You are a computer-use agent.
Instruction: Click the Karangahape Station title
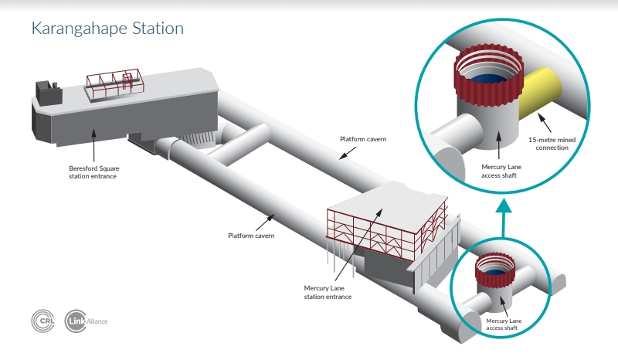tap(107, 29)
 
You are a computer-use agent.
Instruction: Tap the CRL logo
tap(43, 321)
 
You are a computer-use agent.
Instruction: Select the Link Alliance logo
tap(86, 321)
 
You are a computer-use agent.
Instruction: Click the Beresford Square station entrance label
tap(93, 172)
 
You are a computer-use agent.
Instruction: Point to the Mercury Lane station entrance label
tap(328, 293)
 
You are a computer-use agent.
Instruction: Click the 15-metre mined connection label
tap(552, 144)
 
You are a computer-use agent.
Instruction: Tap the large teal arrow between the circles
tap(504, 218)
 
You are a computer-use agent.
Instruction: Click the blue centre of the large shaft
tap(488, 79)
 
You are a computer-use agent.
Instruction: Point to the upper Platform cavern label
tap(363, 139)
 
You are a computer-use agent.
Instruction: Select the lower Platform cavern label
tap(251, 236)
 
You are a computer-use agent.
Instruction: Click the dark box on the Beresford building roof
tap(49, 93)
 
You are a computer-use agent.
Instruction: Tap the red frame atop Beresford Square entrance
tap(115, 83)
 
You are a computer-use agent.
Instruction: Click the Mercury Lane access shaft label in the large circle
tap(501, 172)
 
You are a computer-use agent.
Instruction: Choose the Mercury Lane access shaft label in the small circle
tap(504, 324)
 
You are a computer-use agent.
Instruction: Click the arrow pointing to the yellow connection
tap(545, 123)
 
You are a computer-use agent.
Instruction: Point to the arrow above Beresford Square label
tap(93, 145)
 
